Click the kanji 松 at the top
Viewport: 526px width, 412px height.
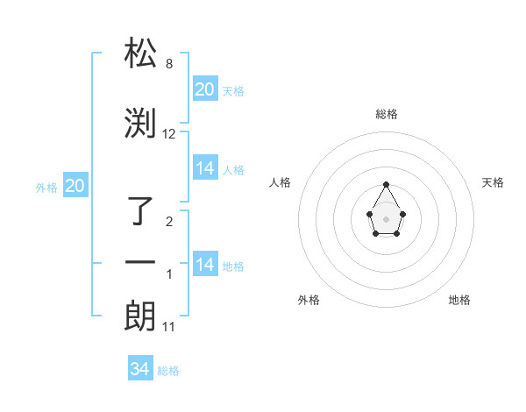141,53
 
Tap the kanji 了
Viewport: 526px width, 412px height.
141,211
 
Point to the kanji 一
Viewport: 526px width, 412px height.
141,263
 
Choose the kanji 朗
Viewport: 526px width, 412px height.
141,316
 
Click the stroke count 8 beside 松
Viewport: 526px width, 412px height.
168,64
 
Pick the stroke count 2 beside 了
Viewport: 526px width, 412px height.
169,222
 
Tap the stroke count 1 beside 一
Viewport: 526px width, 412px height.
169,274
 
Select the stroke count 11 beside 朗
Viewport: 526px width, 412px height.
170,327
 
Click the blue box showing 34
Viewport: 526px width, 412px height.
140,369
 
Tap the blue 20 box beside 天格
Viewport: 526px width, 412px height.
205,89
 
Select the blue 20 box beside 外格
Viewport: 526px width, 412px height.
75,186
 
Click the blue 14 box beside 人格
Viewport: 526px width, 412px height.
205,168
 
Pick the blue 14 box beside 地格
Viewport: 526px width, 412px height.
205,265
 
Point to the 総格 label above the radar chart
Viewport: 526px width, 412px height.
387,114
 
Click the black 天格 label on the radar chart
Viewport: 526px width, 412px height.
494,182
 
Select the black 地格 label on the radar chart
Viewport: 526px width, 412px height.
459,300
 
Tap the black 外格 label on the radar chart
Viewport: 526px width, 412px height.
309,300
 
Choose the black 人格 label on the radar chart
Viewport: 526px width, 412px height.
280,182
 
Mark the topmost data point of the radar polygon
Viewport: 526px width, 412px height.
387,184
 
